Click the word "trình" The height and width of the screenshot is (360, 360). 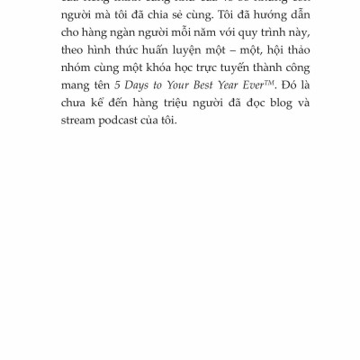coord(288,40)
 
